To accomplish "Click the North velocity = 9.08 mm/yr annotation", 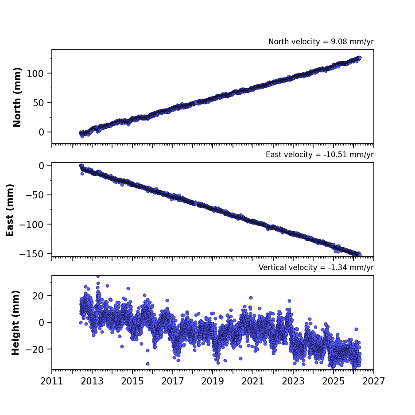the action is point(321,42).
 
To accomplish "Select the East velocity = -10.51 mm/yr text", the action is point(320,155).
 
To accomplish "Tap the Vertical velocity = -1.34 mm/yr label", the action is point(316,268).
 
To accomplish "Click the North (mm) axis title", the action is point(17,97).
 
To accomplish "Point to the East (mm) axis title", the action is point(10,210).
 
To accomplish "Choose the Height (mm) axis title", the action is point(16,322).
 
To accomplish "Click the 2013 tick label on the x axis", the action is point(92,381).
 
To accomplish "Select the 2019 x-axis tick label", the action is point(213,381).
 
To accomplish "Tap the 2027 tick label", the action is point(373,381).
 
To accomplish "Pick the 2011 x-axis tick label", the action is point(52,381).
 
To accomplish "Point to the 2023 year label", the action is point(293,381).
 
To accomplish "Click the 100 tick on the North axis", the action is point(35,74).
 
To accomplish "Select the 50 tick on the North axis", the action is point(38,103).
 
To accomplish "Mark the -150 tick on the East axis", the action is point(31,254).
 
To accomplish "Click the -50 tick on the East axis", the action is point(35,195).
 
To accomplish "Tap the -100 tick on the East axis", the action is point(31,225).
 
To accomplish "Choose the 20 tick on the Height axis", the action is point(38,296).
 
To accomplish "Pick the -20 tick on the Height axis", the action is point(35,349).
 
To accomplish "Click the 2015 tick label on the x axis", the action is point(132,381).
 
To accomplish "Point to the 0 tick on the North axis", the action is point(41,132).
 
